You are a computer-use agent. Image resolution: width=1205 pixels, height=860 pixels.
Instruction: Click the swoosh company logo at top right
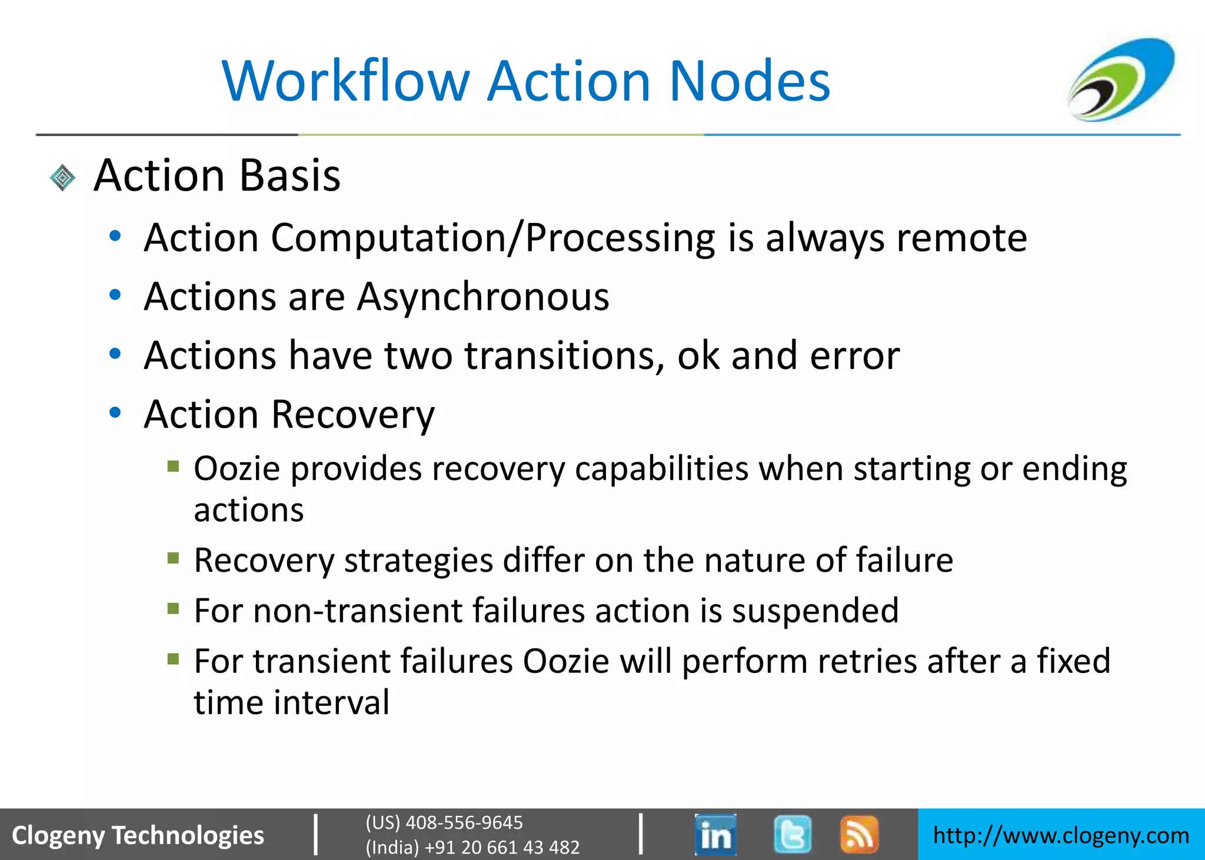(x=1121, y=79)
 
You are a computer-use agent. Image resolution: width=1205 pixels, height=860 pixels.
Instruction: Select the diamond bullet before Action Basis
(x=62, y=178)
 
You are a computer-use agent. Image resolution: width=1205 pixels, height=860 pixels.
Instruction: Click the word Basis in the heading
(x=290, y=175)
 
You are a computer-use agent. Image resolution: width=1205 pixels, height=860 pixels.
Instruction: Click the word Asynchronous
(x=483, y=296)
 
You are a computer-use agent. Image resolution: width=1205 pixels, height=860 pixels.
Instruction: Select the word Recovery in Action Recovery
(x=353, y=415)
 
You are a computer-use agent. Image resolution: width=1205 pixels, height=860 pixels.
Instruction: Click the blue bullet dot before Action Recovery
(x=115, y=413)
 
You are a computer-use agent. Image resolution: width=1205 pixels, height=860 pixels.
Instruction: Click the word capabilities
(x=661, y=469)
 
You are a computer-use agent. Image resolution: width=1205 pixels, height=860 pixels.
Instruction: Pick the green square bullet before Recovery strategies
(x=173, y=558)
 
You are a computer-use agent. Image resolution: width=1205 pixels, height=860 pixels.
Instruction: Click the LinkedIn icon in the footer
(x=715, y=834)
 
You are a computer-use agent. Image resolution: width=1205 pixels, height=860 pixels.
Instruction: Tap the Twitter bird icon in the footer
(x=792, y=834)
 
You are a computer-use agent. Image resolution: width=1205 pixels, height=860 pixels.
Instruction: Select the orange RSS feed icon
(x=859, y=834)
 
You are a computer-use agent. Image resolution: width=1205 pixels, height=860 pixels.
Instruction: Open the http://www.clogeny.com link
(x=1061, y=835)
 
